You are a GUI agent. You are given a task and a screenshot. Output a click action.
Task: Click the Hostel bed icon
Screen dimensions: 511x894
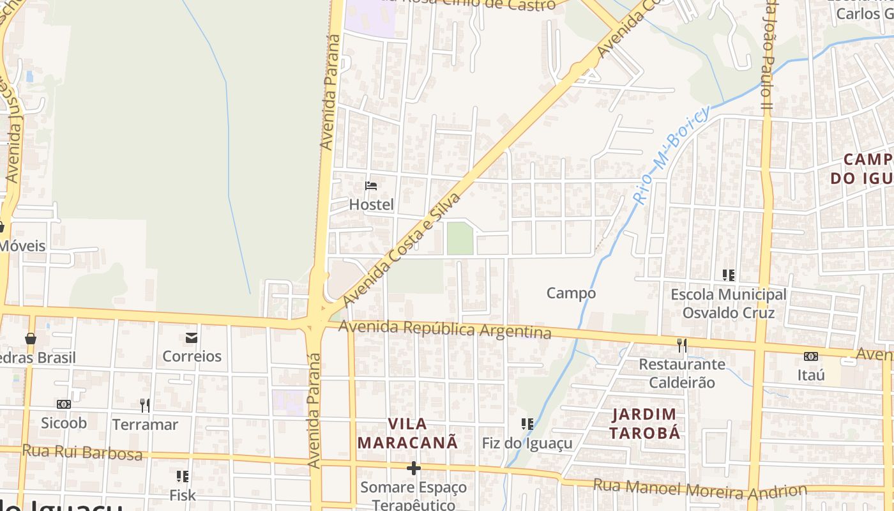371,186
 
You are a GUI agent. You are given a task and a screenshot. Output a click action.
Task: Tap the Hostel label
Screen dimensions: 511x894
371,205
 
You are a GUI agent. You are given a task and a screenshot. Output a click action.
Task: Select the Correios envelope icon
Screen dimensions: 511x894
192,338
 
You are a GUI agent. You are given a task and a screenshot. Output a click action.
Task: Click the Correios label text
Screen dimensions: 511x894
192,356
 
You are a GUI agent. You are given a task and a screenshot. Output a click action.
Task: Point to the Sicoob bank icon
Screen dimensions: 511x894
64,404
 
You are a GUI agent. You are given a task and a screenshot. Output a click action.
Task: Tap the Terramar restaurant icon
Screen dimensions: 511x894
145,405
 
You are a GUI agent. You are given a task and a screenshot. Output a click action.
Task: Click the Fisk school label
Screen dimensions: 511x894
183,495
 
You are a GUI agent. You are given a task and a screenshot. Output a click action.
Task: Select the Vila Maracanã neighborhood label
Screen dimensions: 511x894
407,433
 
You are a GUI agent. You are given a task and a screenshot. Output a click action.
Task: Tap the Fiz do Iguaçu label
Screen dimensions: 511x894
527,443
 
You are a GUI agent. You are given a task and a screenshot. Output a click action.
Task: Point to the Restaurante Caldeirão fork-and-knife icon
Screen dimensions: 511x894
682,346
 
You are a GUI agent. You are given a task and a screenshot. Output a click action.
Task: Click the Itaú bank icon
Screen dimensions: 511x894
811,356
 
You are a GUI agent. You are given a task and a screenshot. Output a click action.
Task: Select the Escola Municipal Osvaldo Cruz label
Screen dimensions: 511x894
729,304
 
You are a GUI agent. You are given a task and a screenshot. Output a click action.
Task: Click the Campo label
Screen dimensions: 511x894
571,293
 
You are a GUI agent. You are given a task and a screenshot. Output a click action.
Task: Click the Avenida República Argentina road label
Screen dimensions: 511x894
444,330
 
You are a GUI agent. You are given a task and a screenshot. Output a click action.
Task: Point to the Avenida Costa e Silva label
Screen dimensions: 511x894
402,249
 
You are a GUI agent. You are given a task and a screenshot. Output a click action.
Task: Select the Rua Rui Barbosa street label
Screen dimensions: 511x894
82,452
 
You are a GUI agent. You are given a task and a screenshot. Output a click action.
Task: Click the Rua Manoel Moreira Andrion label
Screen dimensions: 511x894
700,489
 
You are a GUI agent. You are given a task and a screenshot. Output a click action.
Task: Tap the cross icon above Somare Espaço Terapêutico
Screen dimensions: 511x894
414,469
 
